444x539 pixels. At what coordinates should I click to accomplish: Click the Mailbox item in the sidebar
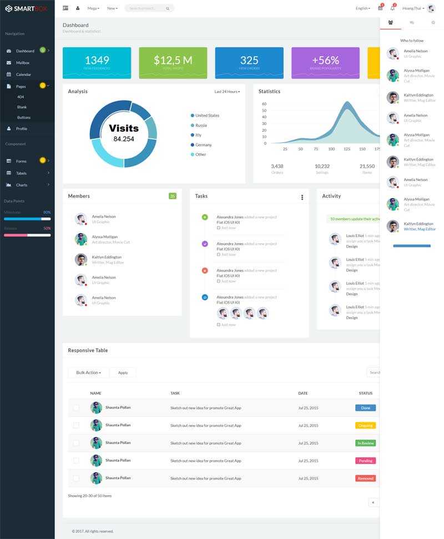(x=22, y=63)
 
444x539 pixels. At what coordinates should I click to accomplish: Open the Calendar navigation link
(x=23, y=74)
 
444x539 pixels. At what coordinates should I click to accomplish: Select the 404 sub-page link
(x=21, y=97)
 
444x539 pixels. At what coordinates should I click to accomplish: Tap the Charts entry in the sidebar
(x=22, y=185)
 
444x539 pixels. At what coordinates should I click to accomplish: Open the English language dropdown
(x=362, y=8)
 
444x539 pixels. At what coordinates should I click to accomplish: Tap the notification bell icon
(x=392, y=8)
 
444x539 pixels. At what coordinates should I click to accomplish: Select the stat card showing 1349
(x=97, y=63)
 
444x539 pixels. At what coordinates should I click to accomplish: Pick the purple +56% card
(x=325, y=63)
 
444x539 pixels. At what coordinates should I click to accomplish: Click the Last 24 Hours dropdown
(x=227, y=92)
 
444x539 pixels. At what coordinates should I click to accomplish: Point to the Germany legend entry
(x=203, y=145)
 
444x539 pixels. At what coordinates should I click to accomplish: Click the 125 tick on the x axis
(x=347, y=149)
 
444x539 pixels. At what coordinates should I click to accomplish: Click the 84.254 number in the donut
(x=124, y=139)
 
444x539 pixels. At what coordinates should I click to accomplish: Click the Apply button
(x=123, y=372)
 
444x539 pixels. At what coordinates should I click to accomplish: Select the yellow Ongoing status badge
(x=365, y=425)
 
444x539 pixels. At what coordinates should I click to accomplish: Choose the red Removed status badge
(x=365, y=478)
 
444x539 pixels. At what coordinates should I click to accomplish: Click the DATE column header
(x=302, y=393)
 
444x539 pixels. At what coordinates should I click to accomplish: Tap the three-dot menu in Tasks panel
(x=302, y=197)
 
